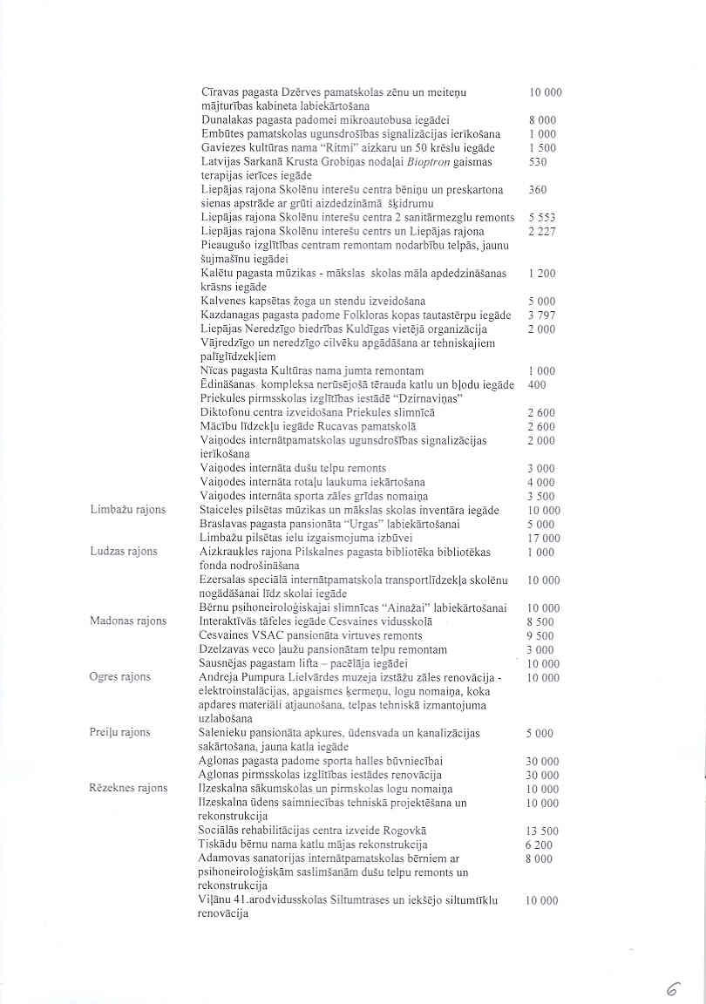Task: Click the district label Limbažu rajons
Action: click(x=127, y=510)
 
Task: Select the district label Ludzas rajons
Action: click(x=124, y=552)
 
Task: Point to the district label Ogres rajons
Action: click(x=120, y=677)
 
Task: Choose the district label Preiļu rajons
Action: click(x=120, y=733)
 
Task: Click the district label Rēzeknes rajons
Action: click(x=128, y=789)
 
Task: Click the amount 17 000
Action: click(x=544, y=539)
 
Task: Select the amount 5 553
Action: click(x=542, y=217)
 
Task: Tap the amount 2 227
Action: click(x=542, y=231)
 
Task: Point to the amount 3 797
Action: click(x=541, y=315)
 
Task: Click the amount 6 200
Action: click(x=540, y=845)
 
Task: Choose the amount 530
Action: click(x=538, y=161)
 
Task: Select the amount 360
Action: click(x=538, y=189)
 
